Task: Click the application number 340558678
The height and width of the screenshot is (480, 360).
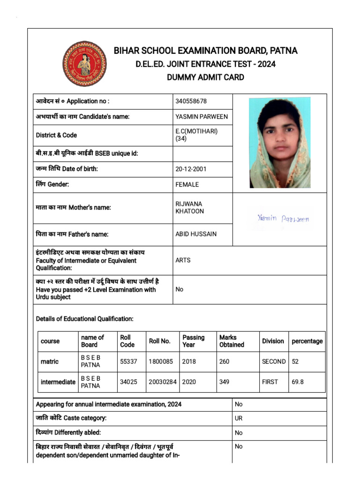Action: (x=191, y=101)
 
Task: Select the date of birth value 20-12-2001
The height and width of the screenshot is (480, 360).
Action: (x=191, y=169)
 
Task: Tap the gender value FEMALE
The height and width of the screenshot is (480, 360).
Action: (x=187, y=185)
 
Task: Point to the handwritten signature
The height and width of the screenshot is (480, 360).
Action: (x=283, y=218)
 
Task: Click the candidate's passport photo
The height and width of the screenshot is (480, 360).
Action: (x=279, y=142)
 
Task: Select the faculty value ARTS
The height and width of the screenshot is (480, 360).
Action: (x=183, y=260)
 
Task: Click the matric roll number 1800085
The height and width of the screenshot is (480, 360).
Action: (x=161, y=362)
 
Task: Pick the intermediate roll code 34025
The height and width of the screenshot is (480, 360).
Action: (x=128, y=382)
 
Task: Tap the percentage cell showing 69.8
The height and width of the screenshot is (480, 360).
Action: (x=298, y=382)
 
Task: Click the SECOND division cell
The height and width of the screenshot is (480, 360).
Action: (x=274, y=362)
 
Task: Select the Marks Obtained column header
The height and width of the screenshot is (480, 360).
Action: (x=232, y=341)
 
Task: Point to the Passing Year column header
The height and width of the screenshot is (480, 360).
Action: (x=194, y=341)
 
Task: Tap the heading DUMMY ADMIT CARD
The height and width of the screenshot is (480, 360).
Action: (x=205, y=77)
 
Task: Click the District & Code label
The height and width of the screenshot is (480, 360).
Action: (x=56, y=135)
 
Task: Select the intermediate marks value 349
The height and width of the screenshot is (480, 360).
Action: (x=224, y=382)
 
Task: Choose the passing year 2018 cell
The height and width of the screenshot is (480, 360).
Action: (x=189, y=362)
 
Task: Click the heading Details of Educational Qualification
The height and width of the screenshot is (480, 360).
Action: (x=85, y=319)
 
